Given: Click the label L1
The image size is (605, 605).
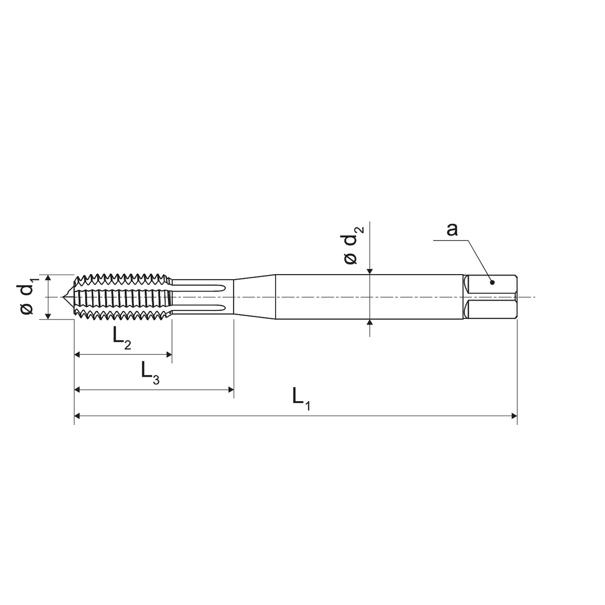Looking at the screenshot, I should pyautogui.click(x=301, y=398).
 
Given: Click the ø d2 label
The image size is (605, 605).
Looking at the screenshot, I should pyautogui.click(x=353, y=245).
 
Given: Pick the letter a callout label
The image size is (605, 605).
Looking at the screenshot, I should pyautogui.click(x=452, y=229).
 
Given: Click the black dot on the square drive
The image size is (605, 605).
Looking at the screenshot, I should pyautogui.click(x=492, y=282).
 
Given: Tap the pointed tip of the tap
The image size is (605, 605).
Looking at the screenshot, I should pyautogui.click(x=63, y=297).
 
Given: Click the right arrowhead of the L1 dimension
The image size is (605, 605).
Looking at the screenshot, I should pyautogui.click(x=514, y=416).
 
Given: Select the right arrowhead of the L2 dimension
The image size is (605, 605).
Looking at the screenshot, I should pyautogui.click(x=169, y=355).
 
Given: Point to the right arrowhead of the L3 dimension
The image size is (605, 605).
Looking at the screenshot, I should pyautogui.click(x=230, y=389).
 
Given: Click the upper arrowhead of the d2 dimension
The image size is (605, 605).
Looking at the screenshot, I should pyautogui.click(x=369, y=271).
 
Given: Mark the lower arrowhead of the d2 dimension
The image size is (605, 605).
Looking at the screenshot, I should pyautogui.click(x=369, y=323).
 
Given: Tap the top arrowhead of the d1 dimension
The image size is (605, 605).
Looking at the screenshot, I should pyautogui.click(x=48, y=278).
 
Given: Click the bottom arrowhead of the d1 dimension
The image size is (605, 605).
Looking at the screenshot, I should pyautogui.click(x=48, y=316).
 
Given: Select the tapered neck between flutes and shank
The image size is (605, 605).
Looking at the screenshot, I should pyautogui.click(x=254, y=297).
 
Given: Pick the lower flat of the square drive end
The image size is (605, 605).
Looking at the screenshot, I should pyautogui.click(x=491, y=309).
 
